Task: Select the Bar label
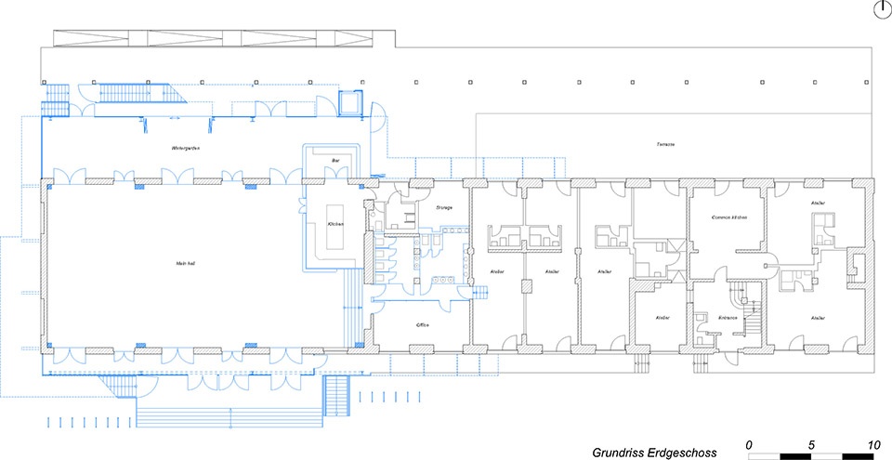pyautogui.click(x=335, y=161)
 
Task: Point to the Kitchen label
pyautogui.click(x=335, y=224)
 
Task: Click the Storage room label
pyautogui.click(x=443, y=207)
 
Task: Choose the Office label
pyautogui.click(x=421, y=325)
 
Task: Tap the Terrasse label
pyautogui.click(x=664, y=145)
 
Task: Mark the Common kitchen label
pyautogui.click(x=729, y=217)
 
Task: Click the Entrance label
pyautogui.click(x=727, y=318)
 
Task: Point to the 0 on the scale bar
pyautogui.click(x=749, y=443)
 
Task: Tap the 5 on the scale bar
pyautogui.click(x=811, y=443)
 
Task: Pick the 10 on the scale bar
pyautogui.click(x=872, y=443)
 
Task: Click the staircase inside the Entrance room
pyautogui.click(x=748, y=302)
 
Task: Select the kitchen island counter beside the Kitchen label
pyautogui.click(x=335, y=240)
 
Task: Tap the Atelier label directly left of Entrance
pyautogui.click(x=662, y=318)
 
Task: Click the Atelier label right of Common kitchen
pyautogui.click(x=818, y=203)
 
